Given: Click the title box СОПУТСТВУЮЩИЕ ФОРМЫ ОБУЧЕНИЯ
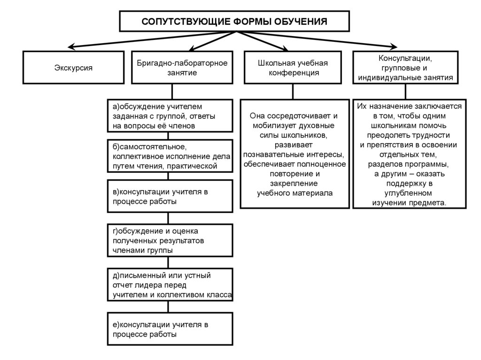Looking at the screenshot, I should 234,22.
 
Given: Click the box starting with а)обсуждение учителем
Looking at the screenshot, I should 170,116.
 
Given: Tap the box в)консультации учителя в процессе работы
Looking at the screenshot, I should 170,196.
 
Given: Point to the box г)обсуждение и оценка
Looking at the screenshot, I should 170,240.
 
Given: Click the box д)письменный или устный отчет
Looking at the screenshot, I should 170,284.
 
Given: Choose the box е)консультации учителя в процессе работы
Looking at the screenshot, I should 170,329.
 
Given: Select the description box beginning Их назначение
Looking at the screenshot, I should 409,153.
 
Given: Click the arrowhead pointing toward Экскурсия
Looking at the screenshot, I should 71,46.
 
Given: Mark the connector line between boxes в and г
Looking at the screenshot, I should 169,218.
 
